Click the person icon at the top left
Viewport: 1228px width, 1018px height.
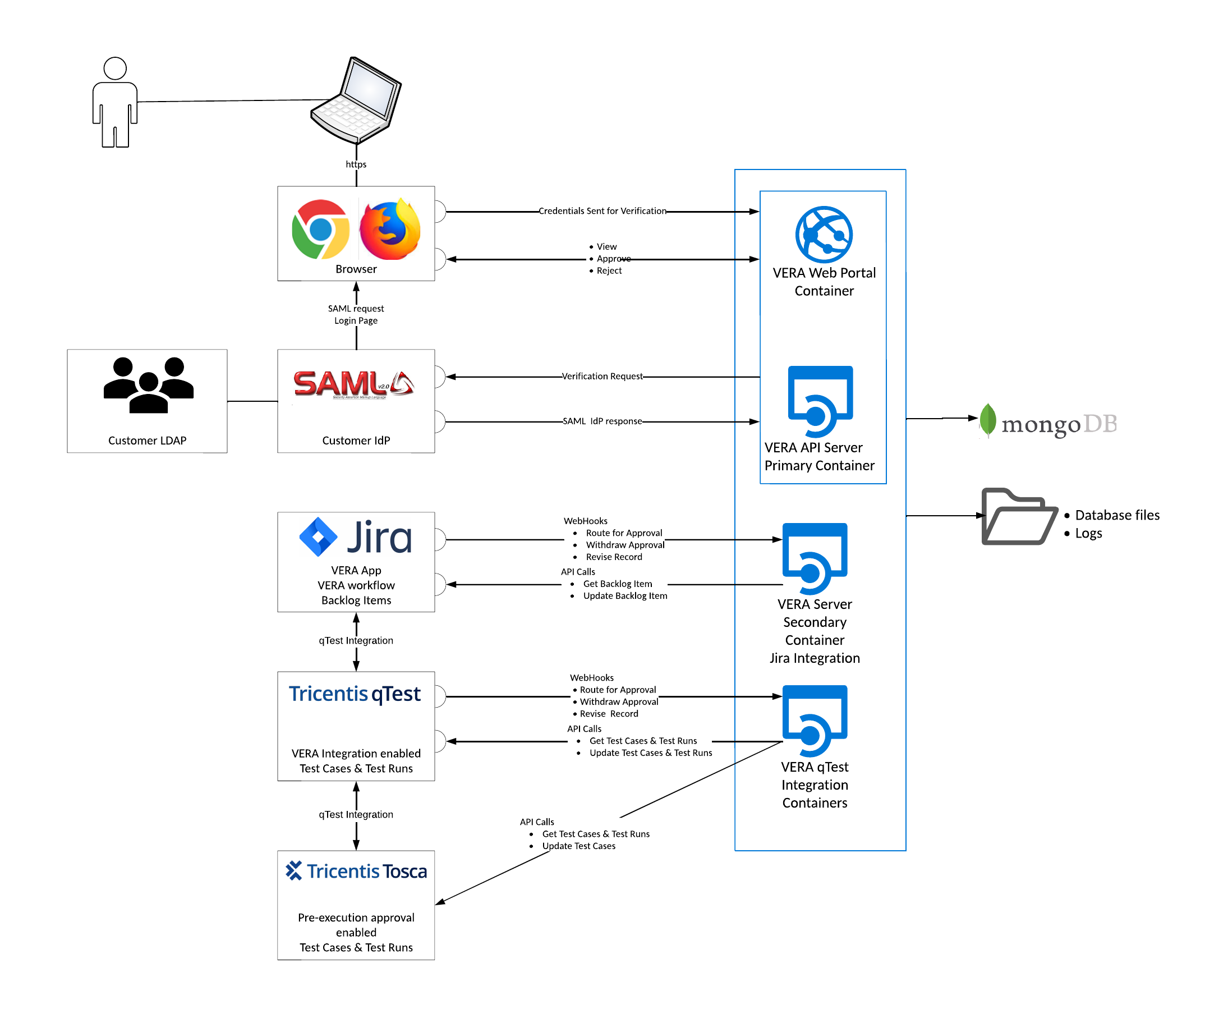pyautogui.click(x=114, y=102)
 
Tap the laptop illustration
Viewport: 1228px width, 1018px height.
pyautogui.click(x=356, y=100)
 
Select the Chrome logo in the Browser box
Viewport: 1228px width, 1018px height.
pyautogui.click(x=320, y=230)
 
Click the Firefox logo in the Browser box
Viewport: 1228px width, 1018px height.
pyautogui.click(x=390, y=230)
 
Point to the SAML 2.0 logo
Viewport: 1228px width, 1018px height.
pyautogui.click(x=354, y=384)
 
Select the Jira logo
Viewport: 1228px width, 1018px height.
pyautogui.click(x=356, y=536)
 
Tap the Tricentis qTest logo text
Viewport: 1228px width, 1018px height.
pyautogui.click(x=355, y=694)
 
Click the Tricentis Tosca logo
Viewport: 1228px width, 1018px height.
pyautogui.click(x=356, y=871)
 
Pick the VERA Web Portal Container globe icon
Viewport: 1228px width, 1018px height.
pyautogui.click(x=824, y=234)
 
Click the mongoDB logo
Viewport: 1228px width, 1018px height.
pyautogui.click(x=1048, y=422)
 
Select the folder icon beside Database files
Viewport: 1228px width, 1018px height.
pyautogui.click(x=1019, y=516)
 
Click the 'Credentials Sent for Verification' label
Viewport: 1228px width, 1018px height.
pyautogui.click(x=602, y=211)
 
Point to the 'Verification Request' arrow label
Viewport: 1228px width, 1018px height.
pyautogui.click(x=602, y=376)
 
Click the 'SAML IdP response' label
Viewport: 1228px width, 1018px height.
pyautogui.click(x=602, y=421)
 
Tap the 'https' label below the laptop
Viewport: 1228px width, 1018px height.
pyautogui.click(x=356, y=164)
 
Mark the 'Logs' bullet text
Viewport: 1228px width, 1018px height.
pyautogui.click(x=1088, y=534)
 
